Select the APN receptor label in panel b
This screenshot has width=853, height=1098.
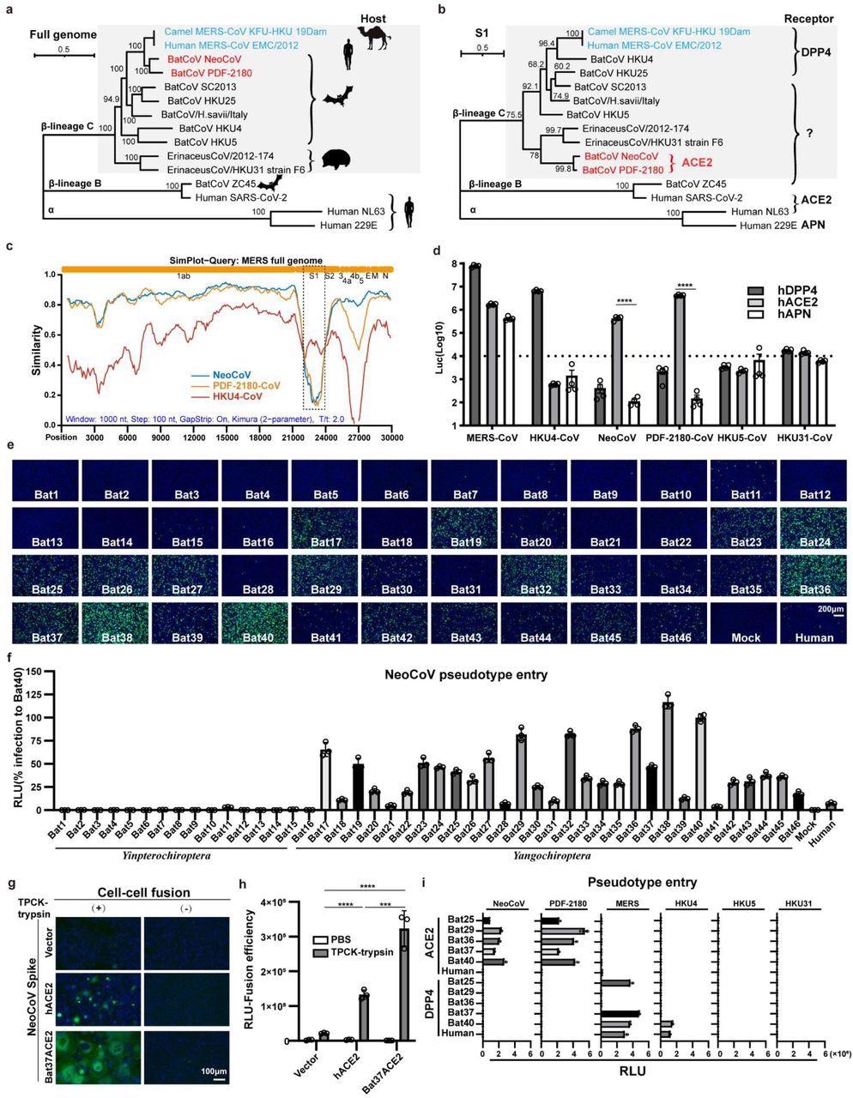tap(771, 228)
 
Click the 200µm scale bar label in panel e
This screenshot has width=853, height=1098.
tap(829, 610)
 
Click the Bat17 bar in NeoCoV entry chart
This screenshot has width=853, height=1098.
tap(325, 779)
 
